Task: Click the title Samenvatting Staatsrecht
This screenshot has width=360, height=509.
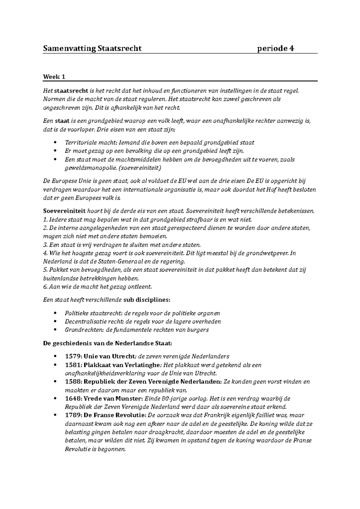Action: (92, 48)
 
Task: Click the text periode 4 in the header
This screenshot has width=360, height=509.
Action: (276, 48)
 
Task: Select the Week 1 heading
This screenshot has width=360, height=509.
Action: (54, 77)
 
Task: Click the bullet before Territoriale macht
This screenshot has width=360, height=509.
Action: (54, 143)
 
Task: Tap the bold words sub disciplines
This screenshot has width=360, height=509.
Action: (146, 299)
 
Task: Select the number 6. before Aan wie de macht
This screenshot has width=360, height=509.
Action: (45, 287)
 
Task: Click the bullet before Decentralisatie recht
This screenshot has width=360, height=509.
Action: (54, 322)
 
